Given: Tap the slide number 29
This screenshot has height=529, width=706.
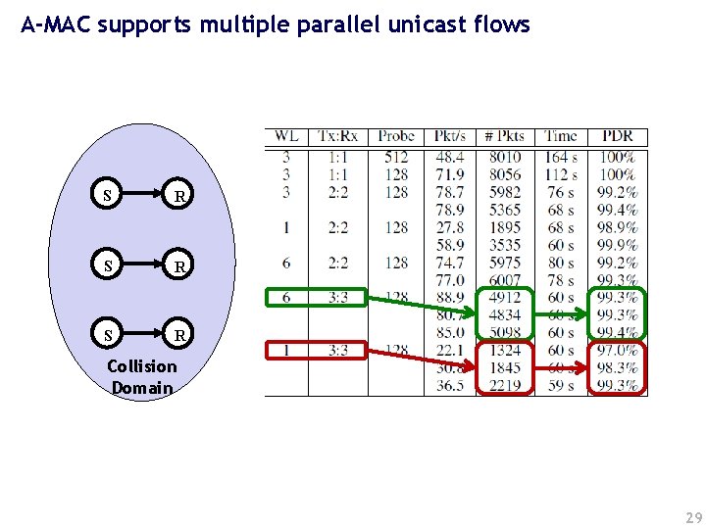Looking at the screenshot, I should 693,516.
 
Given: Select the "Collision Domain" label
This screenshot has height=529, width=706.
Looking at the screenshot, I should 143,377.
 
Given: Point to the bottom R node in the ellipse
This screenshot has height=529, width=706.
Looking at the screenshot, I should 179,335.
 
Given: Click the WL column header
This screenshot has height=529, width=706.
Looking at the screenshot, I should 286,136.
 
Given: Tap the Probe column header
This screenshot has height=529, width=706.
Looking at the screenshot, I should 396,136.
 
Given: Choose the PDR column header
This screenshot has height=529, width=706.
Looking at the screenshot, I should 617,136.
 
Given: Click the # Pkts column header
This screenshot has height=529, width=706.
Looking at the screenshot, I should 505,136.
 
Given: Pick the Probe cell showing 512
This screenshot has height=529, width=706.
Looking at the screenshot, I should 396,157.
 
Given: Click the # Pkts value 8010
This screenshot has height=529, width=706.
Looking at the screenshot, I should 505,157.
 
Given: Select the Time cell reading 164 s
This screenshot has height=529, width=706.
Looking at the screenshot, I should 561,157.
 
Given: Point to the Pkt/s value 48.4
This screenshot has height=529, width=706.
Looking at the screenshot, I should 450,157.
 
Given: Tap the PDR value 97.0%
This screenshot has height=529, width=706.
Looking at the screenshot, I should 617,351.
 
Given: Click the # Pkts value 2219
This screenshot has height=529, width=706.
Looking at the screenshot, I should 505,386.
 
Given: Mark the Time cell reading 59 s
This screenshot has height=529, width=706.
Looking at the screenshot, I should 561,386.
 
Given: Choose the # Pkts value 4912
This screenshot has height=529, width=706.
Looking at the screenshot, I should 505,298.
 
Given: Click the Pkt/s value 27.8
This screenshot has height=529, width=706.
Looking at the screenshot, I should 450,227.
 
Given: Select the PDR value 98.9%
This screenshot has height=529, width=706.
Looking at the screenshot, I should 617,227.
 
